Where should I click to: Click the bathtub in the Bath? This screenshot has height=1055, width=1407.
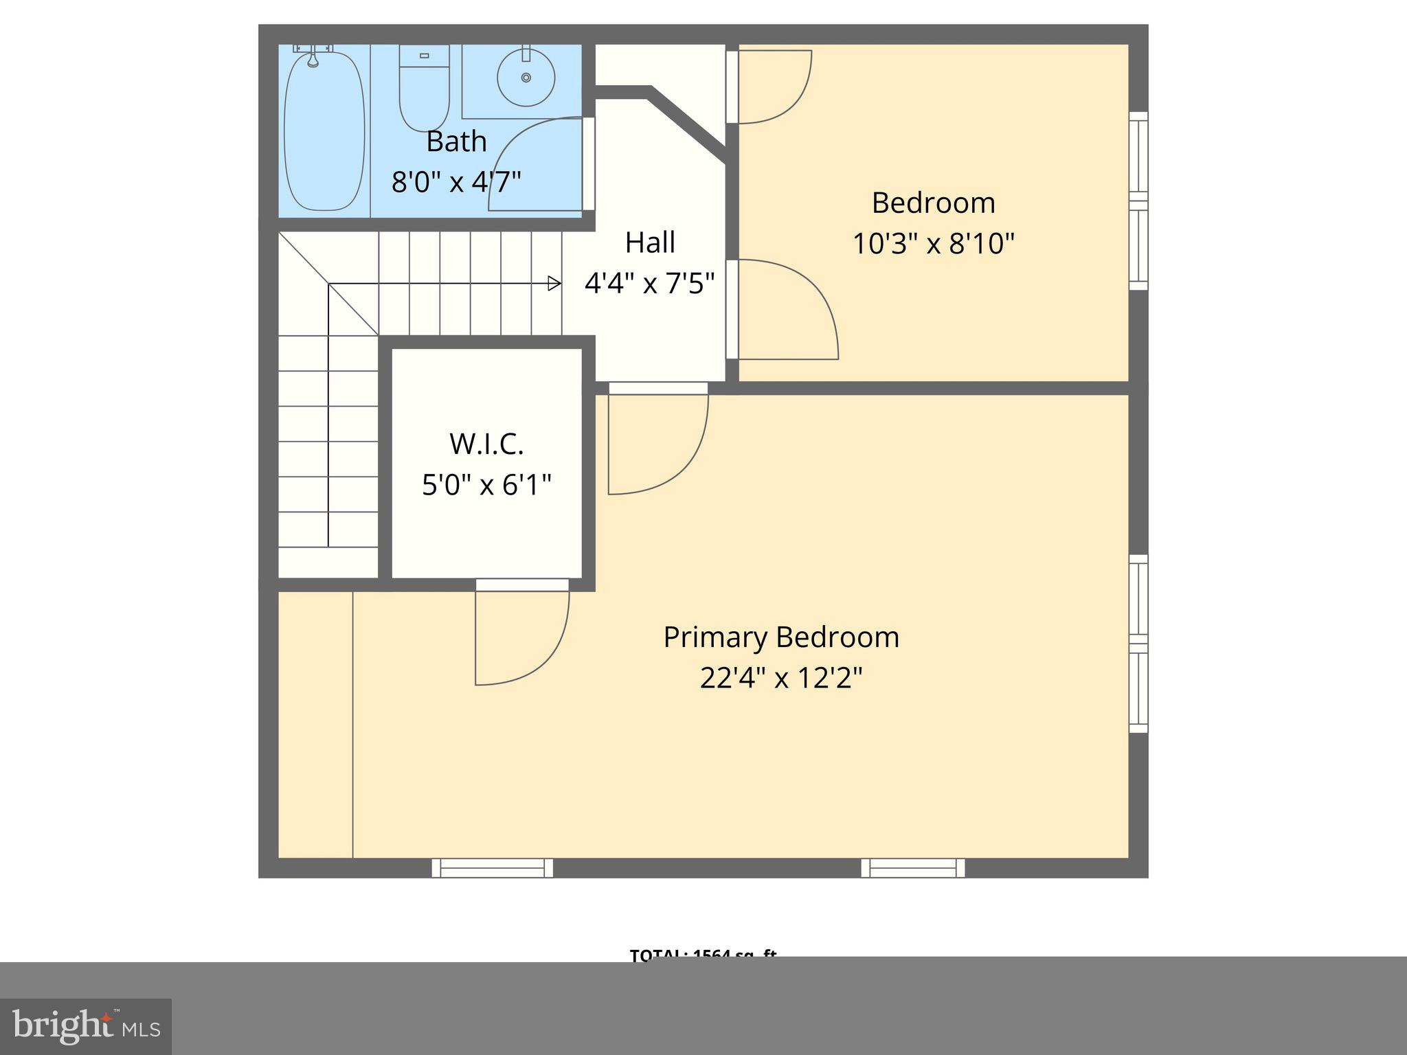point(324,131)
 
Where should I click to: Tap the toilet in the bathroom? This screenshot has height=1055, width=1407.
point(424,89)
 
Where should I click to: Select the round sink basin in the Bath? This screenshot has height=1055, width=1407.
point(526,78)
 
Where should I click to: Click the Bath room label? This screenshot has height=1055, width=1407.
point(456,141)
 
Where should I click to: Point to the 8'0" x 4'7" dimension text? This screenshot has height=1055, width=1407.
point(456,182)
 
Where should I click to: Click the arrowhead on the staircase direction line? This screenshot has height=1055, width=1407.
point(554,283)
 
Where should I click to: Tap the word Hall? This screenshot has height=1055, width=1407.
point(650,242)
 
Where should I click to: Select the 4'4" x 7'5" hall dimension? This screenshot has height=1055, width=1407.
point(650,283)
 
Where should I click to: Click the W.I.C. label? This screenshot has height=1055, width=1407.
point(486,444)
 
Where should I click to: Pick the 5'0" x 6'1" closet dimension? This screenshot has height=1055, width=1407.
point(486,485)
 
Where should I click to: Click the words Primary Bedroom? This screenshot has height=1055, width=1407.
point(781,637)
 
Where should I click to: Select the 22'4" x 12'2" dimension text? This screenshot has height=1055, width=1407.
point(781,679)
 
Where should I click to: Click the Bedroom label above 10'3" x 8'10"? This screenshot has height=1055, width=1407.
point(933,203)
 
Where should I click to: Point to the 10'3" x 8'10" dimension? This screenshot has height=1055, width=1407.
point(933,244)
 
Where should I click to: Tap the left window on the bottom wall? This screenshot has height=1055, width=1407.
point(492,868)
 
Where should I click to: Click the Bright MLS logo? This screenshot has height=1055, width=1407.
point(86,1027)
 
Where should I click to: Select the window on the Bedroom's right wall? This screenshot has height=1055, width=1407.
point(1138,201)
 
